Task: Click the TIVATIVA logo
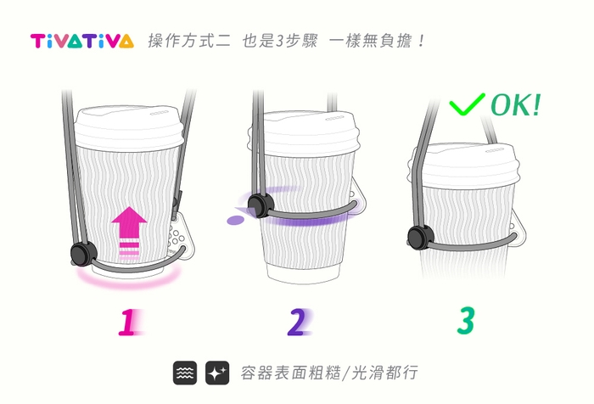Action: coord(81,41)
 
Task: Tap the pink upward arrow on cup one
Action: coord(129,225)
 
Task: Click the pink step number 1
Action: coord(128,322)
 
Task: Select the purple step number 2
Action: coord(296,322)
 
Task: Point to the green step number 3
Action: coord(466,320)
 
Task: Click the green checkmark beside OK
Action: coord(467,105)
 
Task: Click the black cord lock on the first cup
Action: coord(81,253)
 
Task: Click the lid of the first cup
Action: coord(129,122)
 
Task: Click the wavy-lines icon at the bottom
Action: coord(186,372)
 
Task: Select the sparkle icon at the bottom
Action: coord(217,372)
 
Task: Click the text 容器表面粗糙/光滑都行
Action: coord(329,373)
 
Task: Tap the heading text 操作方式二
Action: coord(188,41)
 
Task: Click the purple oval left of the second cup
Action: coord(235,221)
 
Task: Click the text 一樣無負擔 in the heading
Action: coord(371,41)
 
